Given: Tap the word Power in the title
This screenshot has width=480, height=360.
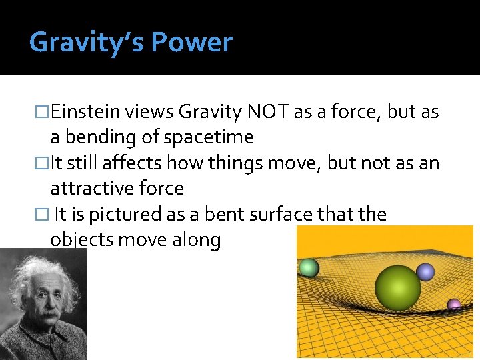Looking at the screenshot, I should tap(191, 43).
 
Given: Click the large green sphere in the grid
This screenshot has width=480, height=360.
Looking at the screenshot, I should tap(397, 288).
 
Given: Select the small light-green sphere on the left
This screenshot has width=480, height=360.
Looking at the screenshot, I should tap(309, 268).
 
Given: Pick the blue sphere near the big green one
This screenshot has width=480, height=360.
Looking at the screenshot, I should tap(425, 271).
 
